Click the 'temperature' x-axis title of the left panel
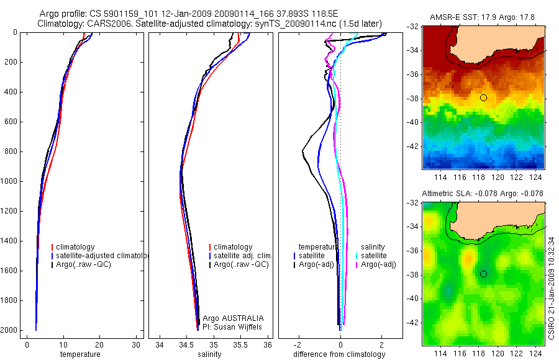(x=80, y=354)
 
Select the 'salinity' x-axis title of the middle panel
(x=209, y=354)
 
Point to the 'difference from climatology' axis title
(x=339, y=354)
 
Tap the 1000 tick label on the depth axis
(x=9, y=181)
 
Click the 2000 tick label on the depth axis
(x=9, y=330)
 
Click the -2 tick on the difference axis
(x=298, y=344)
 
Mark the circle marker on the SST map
(x=483, y=97)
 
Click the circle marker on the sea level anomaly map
(x=483, y=274)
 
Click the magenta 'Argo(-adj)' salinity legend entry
(x=379, y=264)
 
